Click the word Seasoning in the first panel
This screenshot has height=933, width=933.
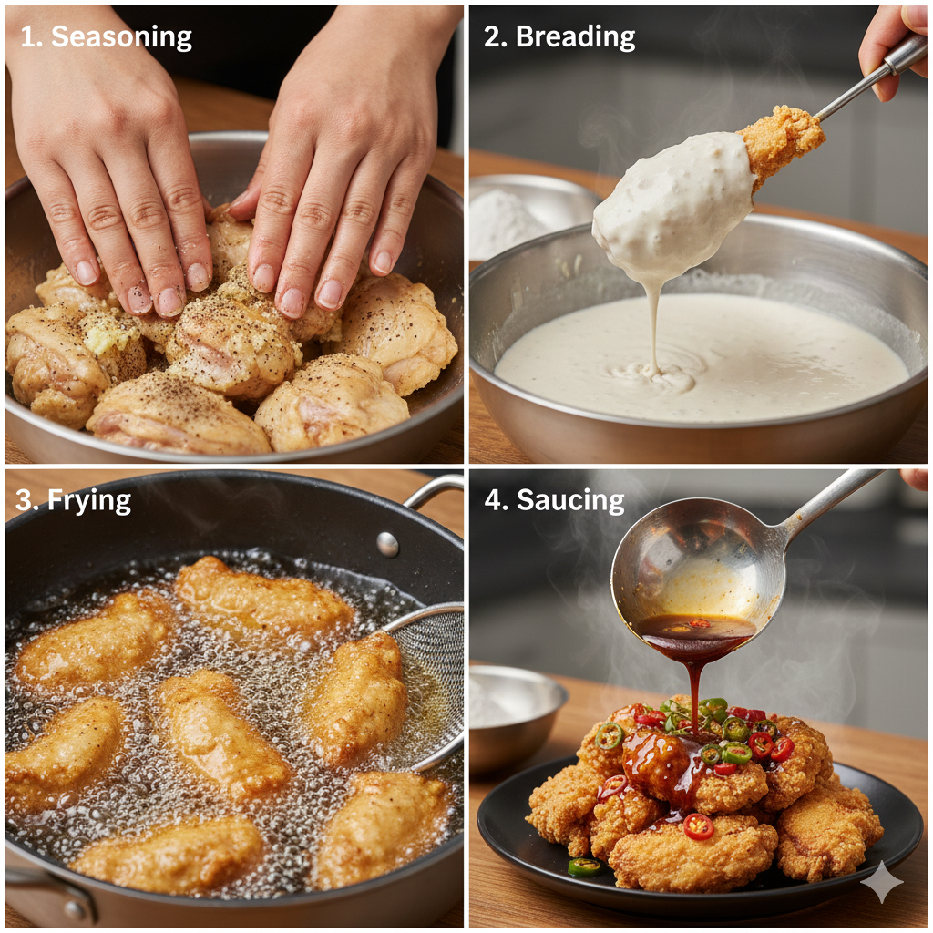point(121,37)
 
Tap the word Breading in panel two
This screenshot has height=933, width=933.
point(576,36)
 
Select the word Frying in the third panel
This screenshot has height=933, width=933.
point(89,500)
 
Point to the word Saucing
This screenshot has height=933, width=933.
point(570,500)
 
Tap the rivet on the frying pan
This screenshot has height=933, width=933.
point(387,544)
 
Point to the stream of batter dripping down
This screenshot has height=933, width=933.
point(654,327)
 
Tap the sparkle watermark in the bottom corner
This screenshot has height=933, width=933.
point(882,881)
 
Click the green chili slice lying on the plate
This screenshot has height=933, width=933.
point(584,866)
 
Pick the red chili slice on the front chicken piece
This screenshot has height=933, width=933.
point(699,826)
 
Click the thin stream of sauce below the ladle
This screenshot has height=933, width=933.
point(693,684)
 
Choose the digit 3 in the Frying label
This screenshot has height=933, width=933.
point(24,500)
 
